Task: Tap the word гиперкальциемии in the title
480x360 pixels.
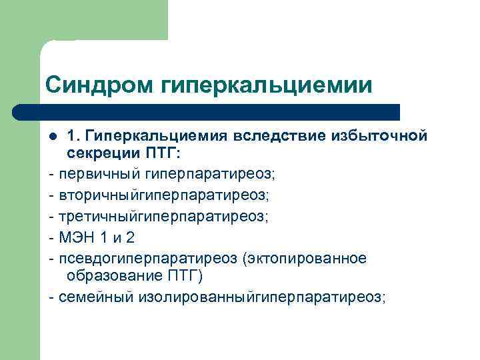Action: click(x=265, y=86)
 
